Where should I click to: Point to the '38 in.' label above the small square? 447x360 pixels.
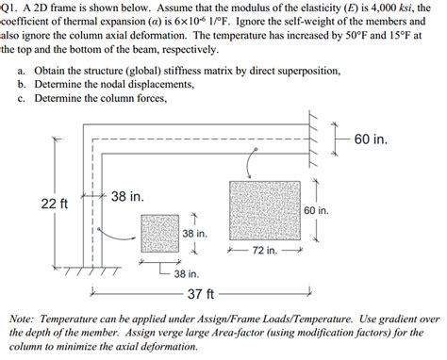pos(126,197)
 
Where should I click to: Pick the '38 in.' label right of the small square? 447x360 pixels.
pos(194,233)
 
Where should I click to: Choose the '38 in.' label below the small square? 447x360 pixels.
pos(186,273)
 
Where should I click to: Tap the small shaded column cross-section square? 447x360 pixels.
pos(158,233)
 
